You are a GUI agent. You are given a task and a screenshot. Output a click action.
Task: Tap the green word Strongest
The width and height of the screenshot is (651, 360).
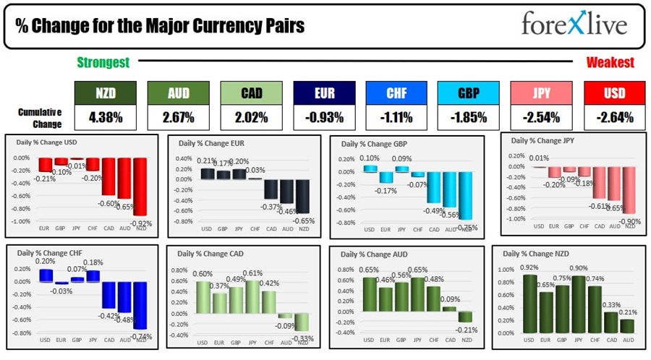pos(103,63)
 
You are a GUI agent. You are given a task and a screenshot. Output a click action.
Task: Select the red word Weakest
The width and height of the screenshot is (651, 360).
pos(610,63)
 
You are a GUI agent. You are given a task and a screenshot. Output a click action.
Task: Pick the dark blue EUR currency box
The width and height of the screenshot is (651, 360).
pos(324,93)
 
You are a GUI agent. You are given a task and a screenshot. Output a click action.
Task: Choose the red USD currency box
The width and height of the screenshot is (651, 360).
pos(614,93)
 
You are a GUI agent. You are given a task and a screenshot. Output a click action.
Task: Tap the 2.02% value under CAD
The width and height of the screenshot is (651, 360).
pos(251,116)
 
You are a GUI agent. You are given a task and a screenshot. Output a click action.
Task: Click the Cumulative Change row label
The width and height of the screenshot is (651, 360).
pos(40,116)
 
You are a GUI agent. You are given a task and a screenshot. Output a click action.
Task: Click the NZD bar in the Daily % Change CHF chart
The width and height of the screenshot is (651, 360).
pos(140,305)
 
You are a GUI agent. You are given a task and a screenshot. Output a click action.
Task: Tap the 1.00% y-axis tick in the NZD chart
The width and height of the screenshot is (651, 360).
pos(507,268)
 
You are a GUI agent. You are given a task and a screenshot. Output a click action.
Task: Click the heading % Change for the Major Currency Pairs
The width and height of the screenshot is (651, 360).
pos(160,26)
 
